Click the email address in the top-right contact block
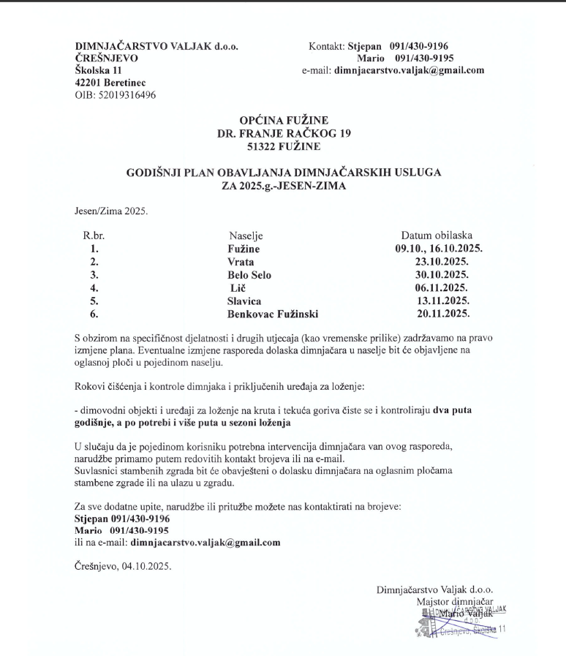pos(409,71)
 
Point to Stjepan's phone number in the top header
pos(422,46)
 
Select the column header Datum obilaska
pos(437,235)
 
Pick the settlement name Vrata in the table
pos(241,262)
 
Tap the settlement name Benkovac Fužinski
pos(273,314)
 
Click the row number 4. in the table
pos(94,288)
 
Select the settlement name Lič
pos(239,288)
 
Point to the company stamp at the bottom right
pos(459,618)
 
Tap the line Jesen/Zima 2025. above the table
pos(111,211)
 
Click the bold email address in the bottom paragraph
pos(205,543)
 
